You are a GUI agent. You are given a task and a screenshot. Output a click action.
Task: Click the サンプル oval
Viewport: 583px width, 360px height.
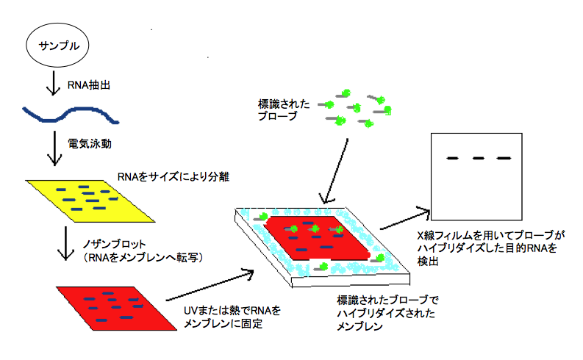coord(57,46)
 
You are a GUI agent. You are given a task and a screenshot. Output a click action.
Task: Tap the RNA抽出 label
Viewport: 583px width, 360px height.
coord(87,87)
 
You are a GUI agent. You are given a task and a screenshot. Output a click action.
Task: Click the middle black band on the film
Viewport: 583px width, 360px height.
coord(478,158)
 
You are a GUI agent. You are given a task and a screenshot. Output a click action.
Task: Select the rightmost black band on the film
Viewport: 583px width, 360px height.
coord(503,158)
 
